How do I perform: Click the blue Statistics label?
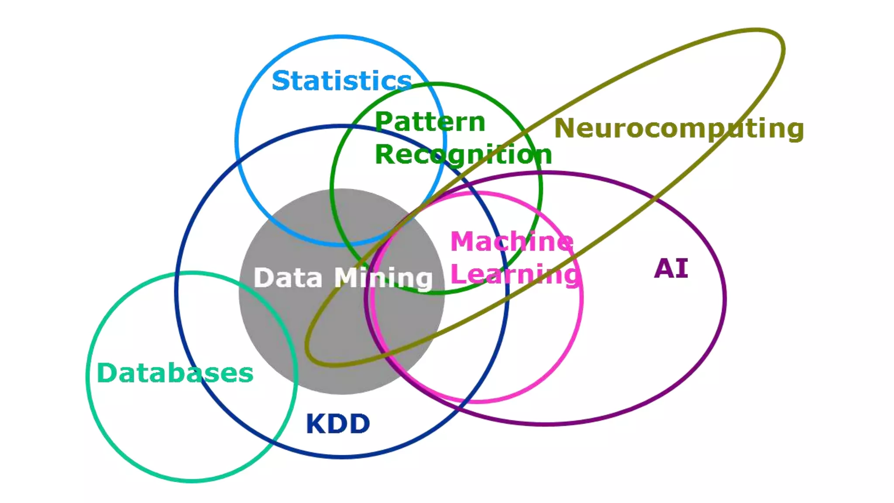click(341, 81)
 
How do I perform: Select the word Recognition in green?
click(463, 155)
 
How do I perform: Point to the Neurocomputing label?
click(679, 129)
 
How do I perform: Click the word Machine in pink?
click(512, 241)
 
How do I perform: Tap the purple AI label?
click(671, 269)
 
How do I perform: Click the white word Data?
click(288, 278)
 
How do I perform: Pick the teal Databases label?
click(175, 373)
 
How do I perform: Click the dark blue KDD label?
click(338, 424)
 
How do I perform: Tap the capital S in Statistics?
click(282, 81)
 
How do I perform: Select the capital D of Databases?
click(106, 373)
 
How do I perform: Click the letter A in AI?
click(664, 269)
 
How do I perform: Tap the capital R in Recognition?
click(385, 155)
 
